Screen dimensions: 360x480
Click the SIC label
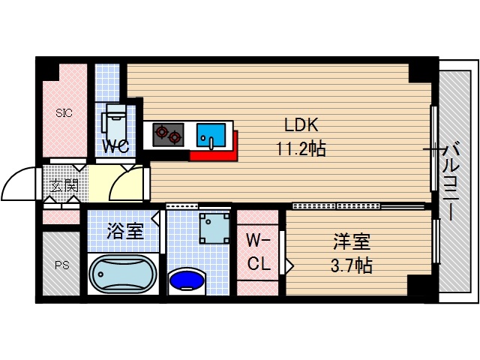tap(64, 114)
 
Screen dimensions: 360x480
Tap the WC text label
tap(117, 146)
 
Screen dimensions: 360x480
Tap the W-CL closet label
tap(258, 253)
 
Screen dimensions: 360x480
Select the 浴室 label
tap(124, 231)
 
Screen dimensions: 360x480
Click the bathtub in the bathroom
tap(123, 274)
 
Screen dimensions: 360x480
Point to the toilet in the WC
tap(116, 120)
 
